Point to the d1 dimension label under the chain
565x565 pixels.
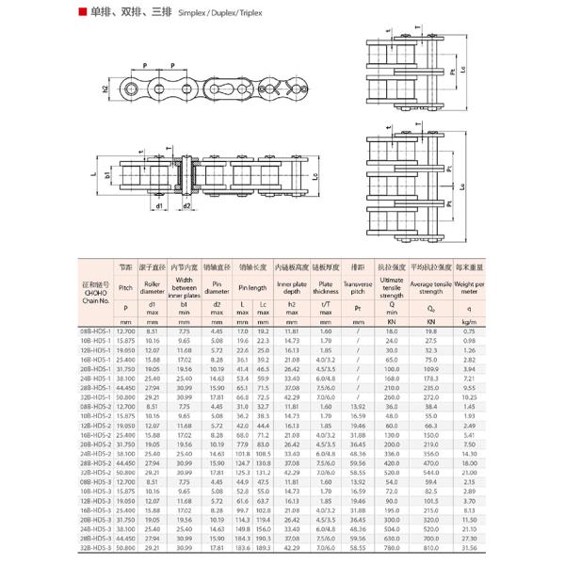(x=160, y=204)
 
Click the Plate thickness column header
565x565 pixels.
(x=326, y=286)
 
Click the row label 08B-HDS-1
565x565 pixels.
(x=96, y=331)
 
